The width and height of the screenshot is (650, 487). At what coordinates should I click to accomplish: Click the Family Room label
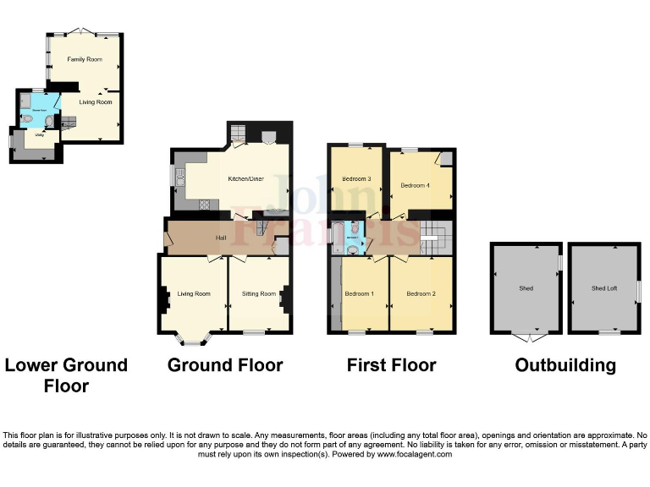point(84,60)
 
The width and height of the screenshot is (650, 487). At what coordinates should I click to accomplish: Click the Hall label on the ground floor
point(220,238)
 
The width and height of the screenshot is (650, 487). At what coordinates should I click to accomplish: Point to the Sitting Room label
point(259,294)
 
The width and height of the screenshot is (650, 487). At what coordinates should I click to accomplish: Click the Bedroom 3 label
point(356,179)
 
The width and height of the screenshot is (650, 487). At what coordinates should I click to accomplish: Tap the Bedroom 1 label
point(359,294)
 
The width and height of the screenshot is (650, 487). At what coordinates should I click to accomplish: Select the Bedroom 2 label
point(421,294)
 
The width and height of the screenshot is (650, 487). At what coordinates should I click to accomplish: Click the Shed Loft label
point(604,288)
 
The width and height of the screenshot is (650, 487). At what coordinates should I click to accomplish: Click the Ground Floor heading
point(224,365)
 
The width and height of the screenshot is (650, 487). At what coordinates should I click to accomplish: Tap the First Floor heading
point(391,365)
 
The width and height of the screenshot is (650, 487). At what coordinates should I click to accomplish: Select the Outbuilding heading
point(565,365)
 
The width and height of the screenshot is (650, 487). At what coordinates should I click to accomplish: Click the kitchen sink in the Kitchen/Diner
point(179,177)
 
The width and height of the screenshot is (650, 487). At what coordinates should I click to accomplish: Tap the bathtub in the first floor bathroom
point(339,233)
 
